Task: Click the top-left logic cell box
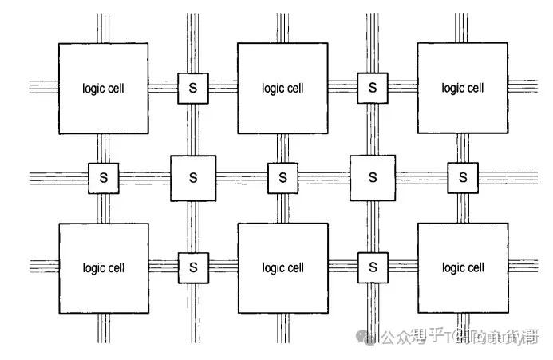coord(103,88)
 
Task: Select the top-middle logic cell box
coord(282,88)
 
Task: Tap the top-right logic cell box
coord(463,88)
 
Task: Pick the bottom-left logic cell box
coord(103,267)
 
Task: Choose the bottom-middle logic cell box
coord(282,267)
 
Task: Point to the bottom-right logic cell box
coord(463,267)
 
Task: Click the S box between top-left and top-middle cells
coord(192,88)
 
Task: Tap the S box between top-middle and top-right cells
coord(372,88)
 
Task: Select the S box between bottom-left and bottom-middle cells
coord(192,267)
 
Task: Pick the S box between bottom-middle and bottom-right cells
coord(372,267)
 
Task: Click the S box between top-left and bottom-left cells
coord(103,177)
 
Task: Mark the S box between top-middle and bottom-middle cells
coord(282,177)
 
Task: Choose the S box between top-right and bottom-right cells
coord(463,177)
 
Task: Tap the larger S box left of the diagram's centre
coord(192,177)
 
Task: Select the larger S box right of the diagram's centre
coord(372,177)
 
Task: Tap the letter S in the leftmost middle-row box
coord(103,177)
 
